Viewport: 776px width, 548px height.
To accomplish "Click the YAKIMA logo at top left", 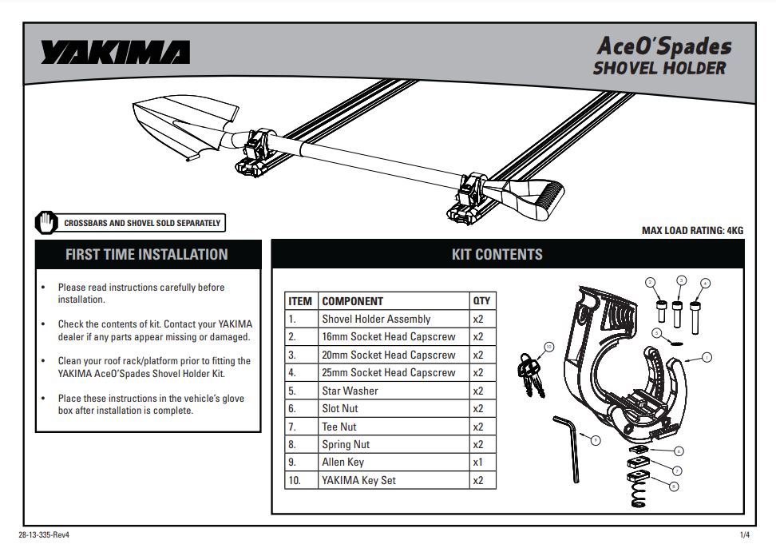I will pyautogui.click(x=116, y=53).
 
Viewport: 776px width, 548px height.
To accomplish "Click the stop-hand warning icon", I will pyautogui.click(x=46, y=223).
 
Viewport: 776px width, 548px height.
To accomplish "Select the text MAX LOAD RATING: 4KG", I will pyautogui.click(x=692, y=231).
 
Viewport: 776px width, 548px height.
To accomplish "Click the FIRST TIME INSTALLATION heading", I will pyautogui.click(x=147, y=255).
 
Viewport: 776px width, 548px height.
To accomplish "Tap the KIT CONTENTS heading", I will pyautogui.click(x=497, y=255).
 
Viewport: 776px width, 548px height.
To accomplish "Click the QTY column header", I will pyautogui.click(x=481, y=301).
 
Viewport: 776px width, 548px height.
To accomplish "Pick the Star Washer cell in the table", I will pyautogui.click(x=350, y=391).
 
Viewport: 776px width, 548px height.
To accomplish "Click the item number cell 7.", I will pyautogui.click(x=293, y=427).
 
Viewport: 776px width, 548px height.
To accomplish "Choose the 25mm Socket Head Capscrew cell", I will pyautogui.click(x=389, y=373).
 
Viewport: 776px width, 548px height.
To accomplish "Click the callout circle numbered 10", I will pyautogui.click(x=549, y=347).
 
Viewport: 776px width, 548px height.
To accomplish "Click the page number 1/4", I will pyautogui.click(x=744, y=535).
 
